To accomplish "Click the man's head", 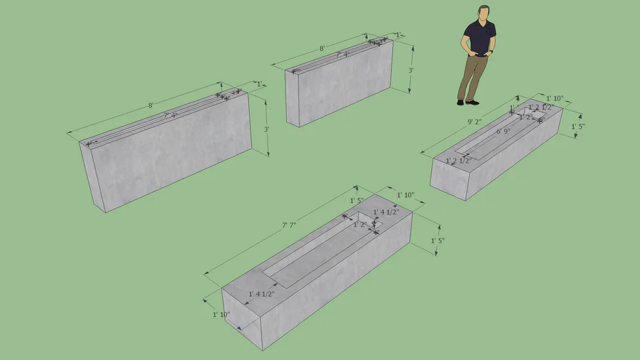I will [x=484, y=14].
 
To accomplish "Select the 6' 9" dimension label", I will [x=503, y=131].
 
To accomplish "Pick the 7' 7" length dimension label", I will [x=289, y=225].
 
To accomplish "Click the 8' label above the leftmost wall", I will [x=151, y=105].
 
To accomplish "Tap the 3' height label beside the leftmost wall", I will [x=267, y=129].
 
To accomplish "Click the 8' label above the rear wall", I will [x=322, y=49].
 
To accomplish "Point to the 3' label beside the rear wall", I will [x=411, y=70].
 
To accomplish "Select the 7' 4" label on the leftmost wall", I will [x=170, y=115].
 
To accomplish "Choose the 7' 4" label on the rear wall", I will [x=342, y=54].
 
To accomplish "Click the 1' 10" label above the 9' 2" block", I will [x=555, y=98].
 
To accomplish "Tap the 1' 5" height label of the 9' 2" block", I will [x=578, y=127].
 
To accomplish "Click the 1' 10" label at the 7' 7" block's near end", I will [x=222, y=314].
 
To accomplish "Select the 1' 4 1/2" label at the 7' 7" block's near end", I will [x=261, y=294].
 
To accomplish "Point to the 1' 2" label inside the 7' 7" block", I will [x=360, y=224].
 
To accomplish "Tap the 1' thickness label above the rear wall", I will [x=399, y=34].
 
